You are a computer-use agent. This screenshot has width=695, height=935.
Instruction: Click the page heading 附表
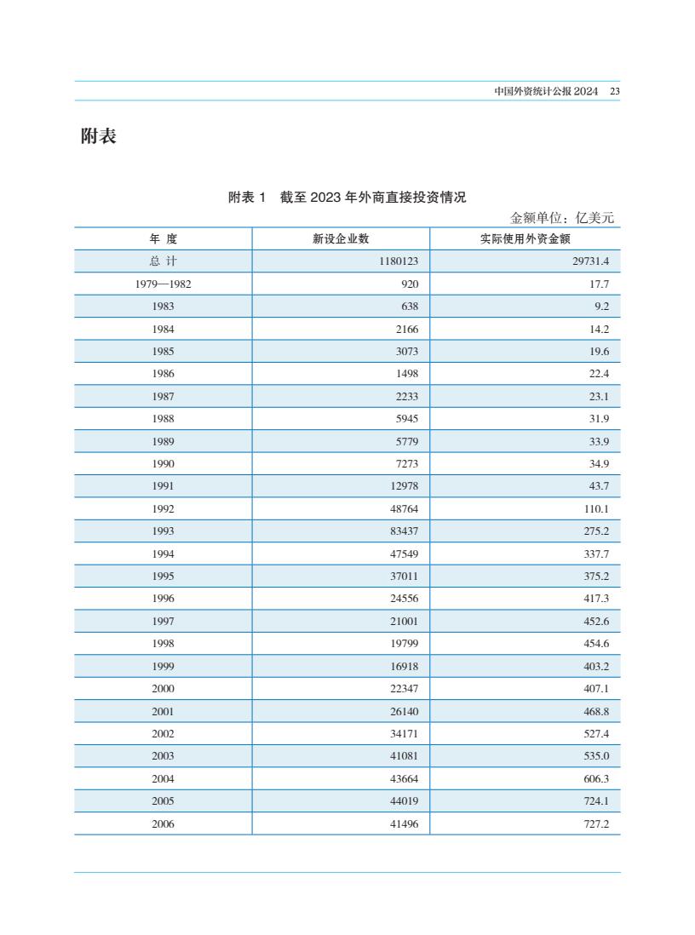click(98, 136)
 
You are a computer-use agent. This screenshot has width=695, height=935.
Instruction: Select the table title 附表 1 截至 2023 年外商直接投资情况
click(347, 198)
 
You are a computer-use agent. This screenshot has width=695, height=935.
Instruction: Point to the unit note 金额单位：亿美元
click(562, 218)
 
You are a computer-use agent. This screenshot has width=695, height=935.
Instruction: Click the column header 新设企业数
click(341, 239)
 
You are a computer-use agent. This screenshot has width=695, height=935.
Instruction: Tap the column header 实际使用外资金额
click(525, 239)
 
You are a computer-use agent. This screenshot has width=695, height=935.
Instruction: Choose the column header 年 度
click(163, 239)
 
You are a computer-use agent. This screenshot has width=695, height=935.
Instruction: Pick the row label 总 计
click(163, 261)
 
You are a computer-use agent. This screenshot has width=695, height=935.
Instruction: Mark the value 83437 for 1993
click(404, 531)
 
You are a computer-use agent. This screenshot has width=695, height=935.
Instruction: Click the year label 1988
click(163, 419)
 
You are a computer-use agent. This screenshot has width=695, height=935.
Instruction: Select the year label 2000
click(163, 689)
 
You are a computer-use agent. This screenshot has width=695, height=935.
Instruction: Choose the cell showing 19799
click(404, 644)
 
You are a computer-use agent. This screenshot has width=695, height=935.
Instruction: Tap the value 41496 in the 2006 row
click(404, 823)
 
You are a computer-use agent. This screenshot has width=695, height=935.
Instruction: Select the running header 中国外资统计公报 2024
click(546, 91)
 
